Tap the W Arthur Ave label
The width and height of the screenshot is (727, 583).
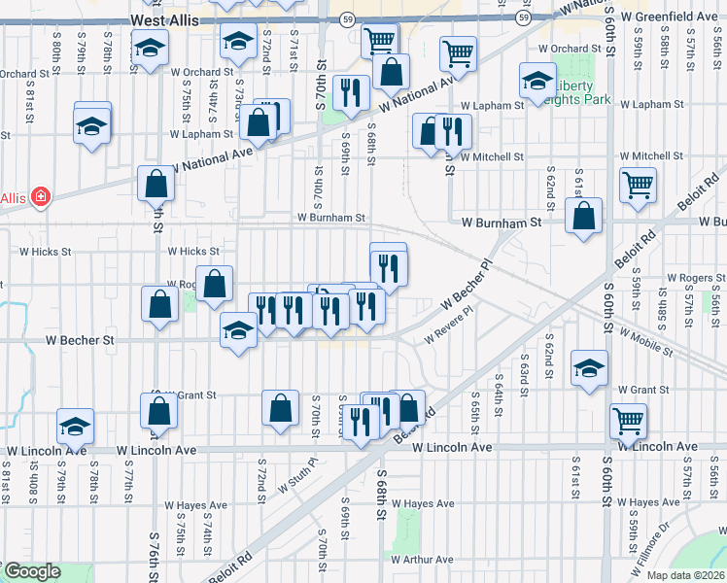[422, 560]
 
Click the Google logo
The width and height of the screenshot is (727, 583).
[31, 571]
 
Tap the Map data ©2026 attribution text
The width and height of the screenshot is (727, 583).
[685, 575]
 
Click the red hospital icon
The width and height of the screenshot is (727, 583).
[40, 198]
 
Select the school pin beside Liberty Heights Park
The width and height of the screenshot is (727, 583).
[537, 83]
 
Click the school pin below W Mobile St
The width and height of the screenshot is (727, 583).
[589, 369]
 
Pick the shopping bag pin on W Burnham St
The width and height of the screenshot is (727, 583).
[583, 218]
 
